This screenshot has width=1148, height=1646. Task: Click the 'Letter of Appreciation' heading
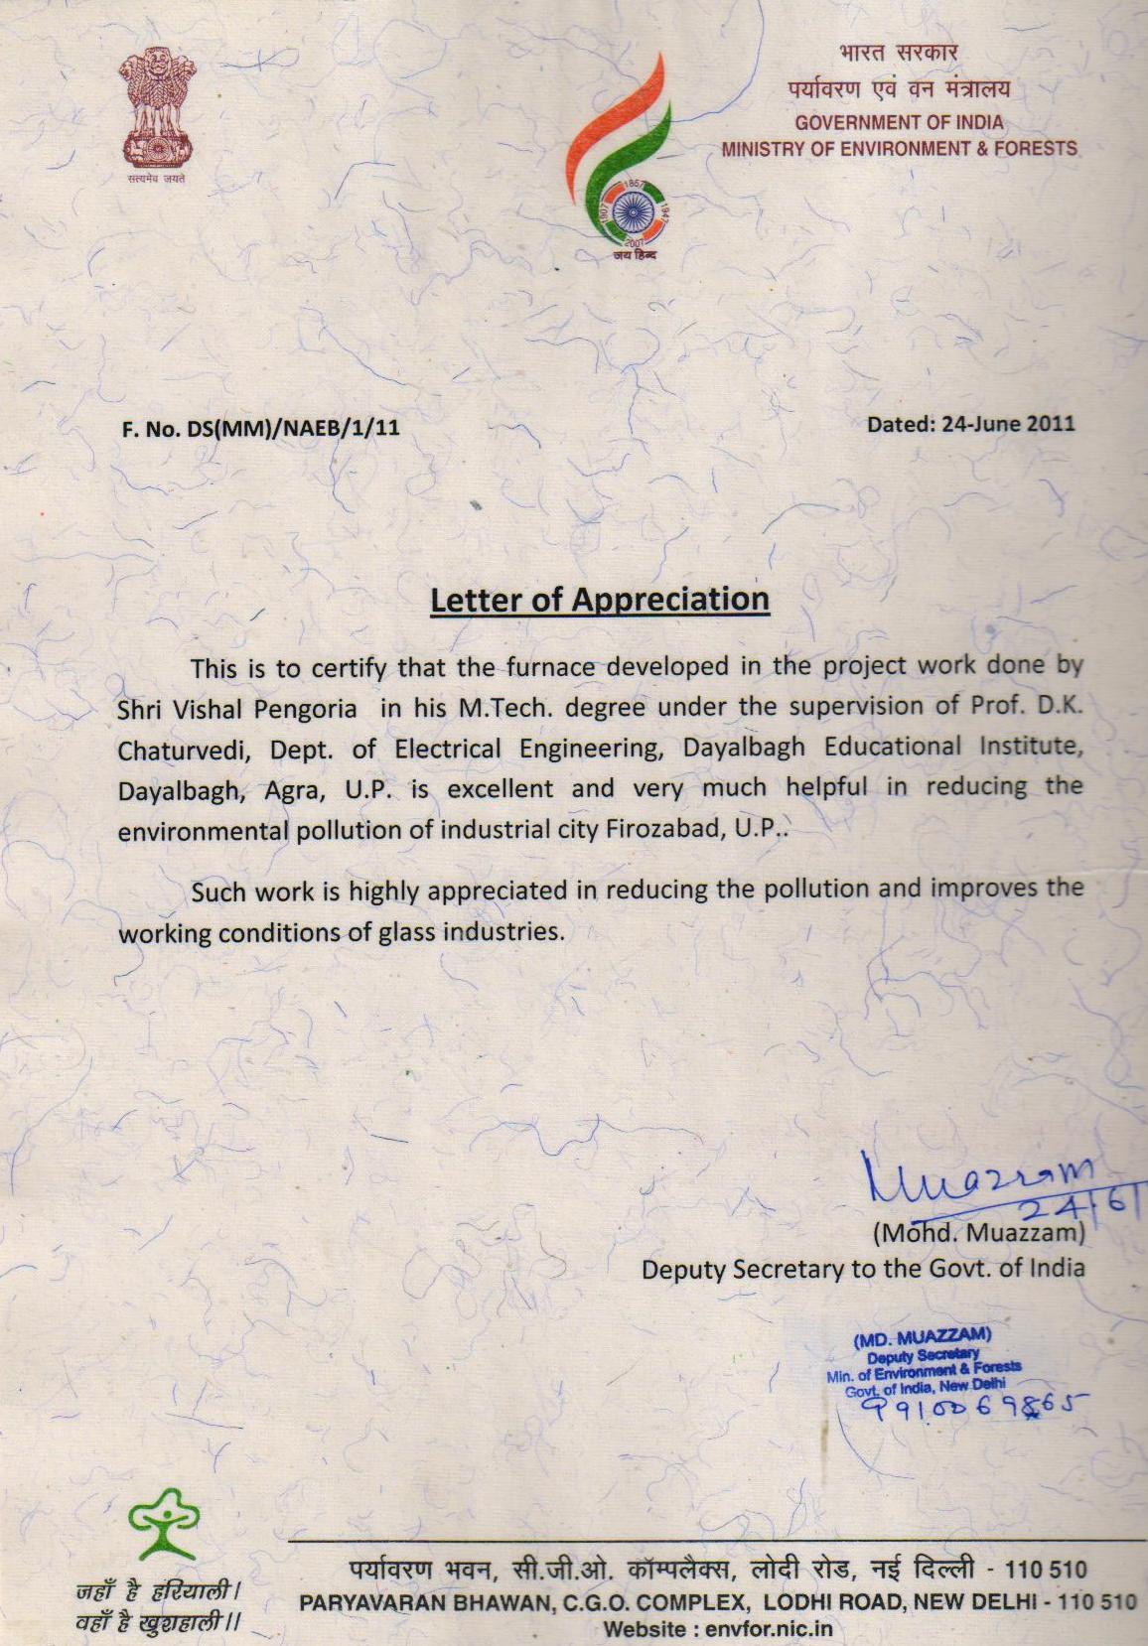coord(600,600)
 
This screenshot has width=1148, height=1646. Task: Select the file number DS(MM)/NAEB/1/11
coord(291,430)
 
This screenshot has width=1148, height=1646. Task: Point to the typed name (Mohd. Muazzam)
coord(978,1234)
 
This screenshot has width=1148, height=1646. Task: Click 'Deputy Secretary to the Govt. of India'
coord(863,1269)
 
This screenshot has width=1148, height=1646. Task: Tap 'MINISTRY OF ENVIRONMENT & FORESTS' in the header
coord(900,149)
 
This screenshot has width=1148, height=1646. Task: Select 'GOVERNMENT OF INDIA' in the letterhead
coord(900,123)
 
